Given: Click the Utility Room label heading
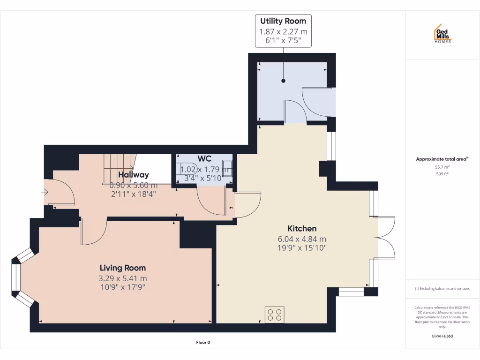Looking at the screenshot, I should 283,21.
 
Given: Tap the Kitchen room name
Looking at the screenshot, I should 302,229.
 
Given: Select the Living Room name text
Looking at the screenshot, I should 122,268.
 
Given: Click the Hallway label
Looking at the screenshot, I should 133,175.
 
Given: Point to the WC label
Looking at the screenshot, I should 205,158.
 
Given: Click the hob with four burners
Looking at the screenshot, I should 274,314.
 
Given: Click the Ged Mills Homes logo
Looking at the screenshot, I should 442,34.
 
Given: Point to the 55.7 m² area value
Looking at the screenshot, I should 442,167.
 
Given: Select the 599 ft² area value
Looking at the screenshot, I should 442,174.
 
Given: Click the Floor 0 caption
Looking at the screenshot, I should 203,343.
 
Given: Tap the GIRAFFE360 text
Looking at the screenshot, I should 442,336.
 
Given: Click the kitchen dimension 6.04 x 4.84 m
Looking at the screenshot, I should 302,239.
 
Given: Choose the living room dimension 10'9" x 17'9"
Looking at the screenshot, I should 122,287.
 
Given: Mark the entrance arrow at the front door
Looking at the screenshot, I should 45,192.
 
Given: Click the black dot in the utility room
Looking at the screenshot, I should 283,81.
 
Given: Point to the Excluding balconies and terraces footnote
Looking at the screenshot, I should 442,289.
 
